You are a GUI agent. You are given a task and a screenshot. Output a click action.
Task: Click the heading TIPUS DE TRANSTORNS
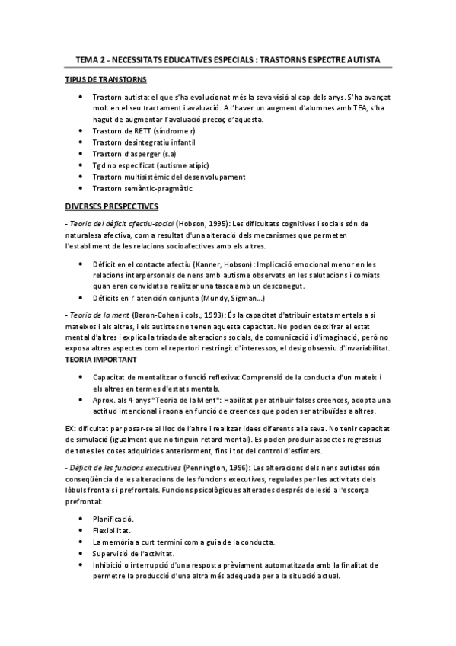click(x=106, y=80)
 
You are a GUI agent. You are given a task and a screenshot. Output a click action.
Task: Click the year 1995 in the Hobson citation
click(x=214, y=223)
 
